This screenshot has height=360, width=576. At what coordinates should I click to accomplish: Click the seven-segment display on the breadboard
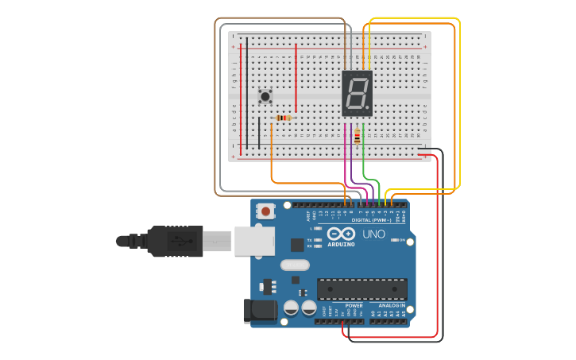357,94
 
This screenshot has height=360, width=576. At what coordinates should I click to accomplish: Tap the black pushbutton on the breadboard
265,97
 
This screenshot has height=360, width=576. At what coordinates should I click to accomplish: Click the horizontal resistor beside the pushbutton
283,118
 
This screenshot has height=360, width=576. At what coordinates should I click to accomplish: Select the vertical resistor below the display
358,137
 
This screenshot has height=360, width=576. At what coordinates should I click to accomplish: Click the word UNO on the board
373,234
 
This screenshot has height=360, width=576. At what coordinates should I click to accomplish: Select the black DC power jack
260,311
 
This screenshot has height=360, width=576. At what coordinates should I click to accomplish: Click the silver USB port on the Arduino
254,240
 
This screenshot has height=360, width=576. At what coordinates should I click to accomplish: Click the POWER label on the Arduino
354,305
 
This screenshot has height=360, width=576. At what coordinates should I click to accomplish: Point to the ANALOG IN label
391,305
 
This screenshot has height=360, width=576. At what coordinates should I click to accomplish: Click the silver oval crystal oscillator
294,265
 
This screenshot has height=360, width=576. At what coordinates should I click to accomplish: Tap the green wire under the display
364,163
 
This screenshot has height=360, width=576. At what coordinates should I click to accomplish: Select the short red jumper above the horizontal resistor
296,78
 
